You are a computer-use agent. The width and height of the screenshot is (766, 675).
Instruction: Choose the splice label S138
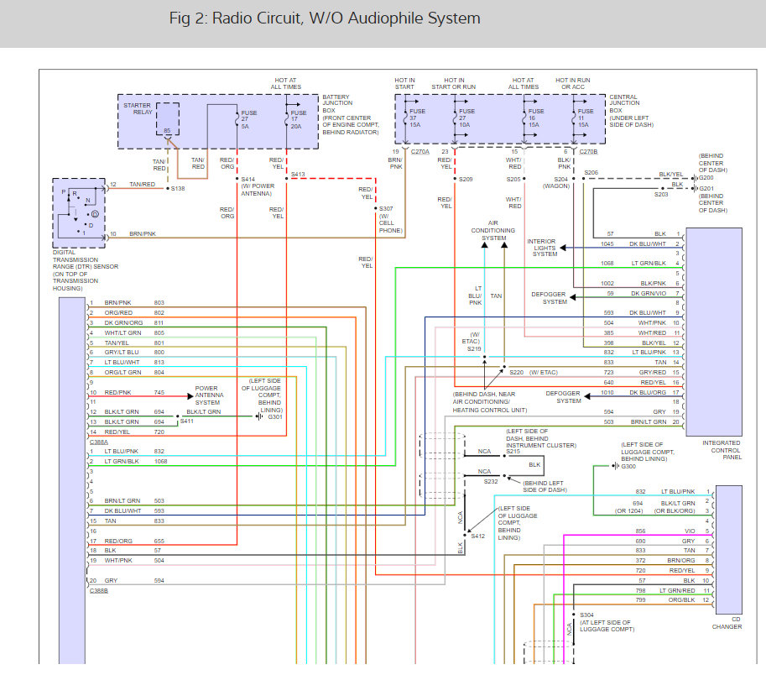pos(178,189)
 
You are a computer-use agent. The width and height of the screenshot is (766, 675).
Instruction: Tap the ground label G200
pos(706,178)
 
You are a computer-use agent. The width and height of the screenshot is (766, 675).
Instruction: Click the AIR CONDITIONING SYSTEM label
pos(494,232)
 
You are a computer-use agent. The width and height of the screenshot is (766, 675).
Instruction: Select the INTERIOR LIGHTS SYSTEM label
pos(542,248)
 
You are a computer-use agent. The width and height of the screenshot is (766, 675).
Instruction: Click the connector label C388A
pos(98,441)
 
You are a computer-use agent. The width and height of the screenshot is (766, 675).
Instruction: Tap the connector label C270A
pos(419,152)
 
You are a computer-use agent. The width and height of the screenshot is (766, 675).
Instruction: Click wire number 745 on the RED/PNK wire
pos(159,393)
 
